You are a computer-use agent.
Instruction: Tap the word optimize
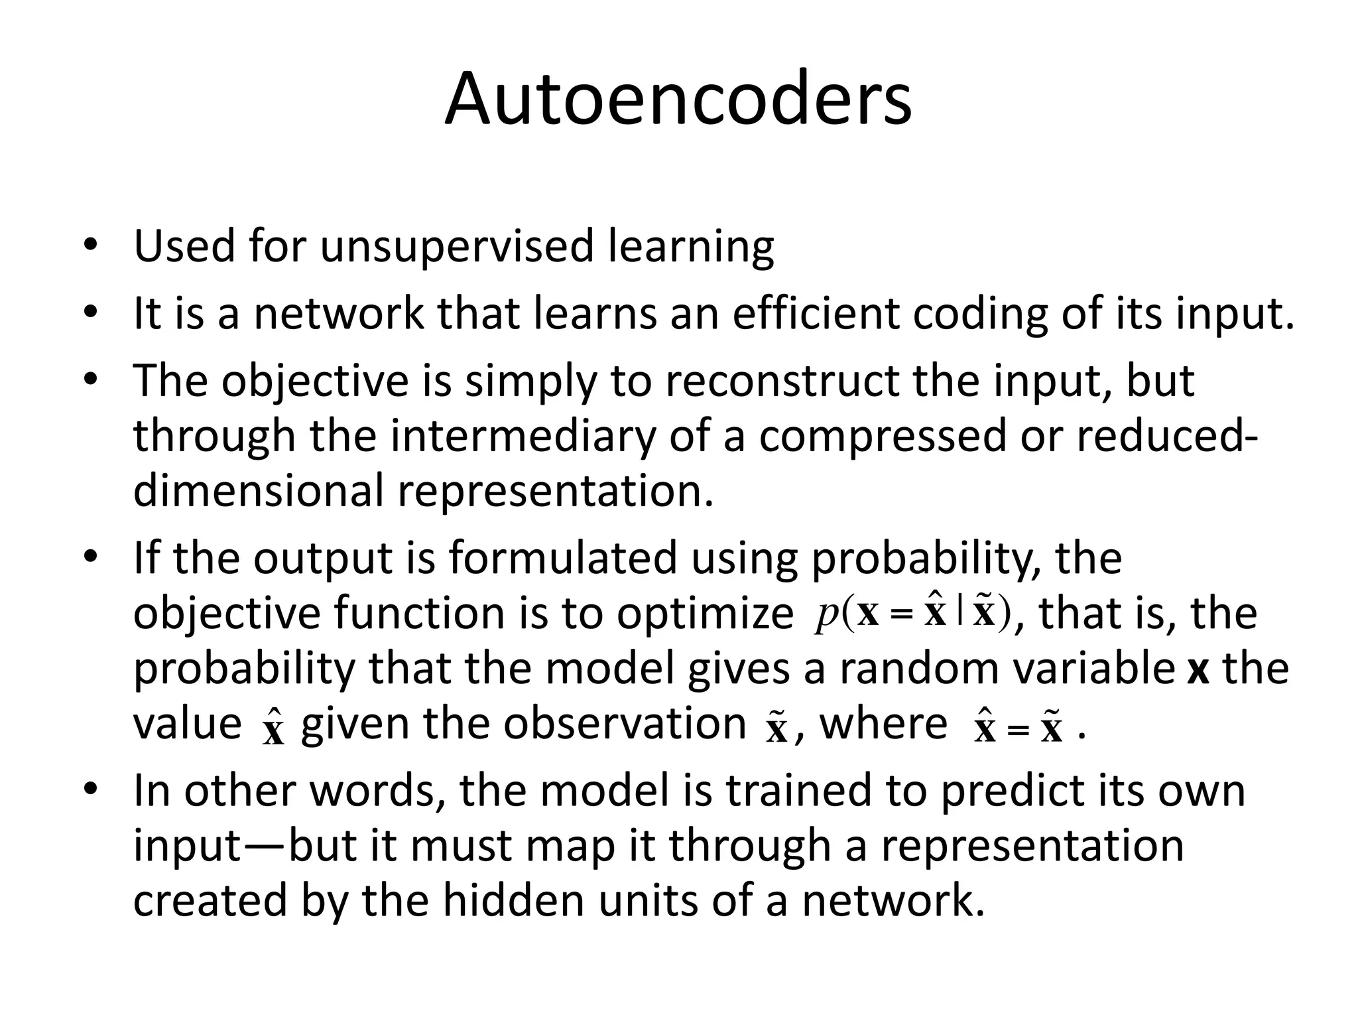705,614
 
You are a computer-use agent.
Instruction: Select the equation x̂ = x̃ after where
1018,726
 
